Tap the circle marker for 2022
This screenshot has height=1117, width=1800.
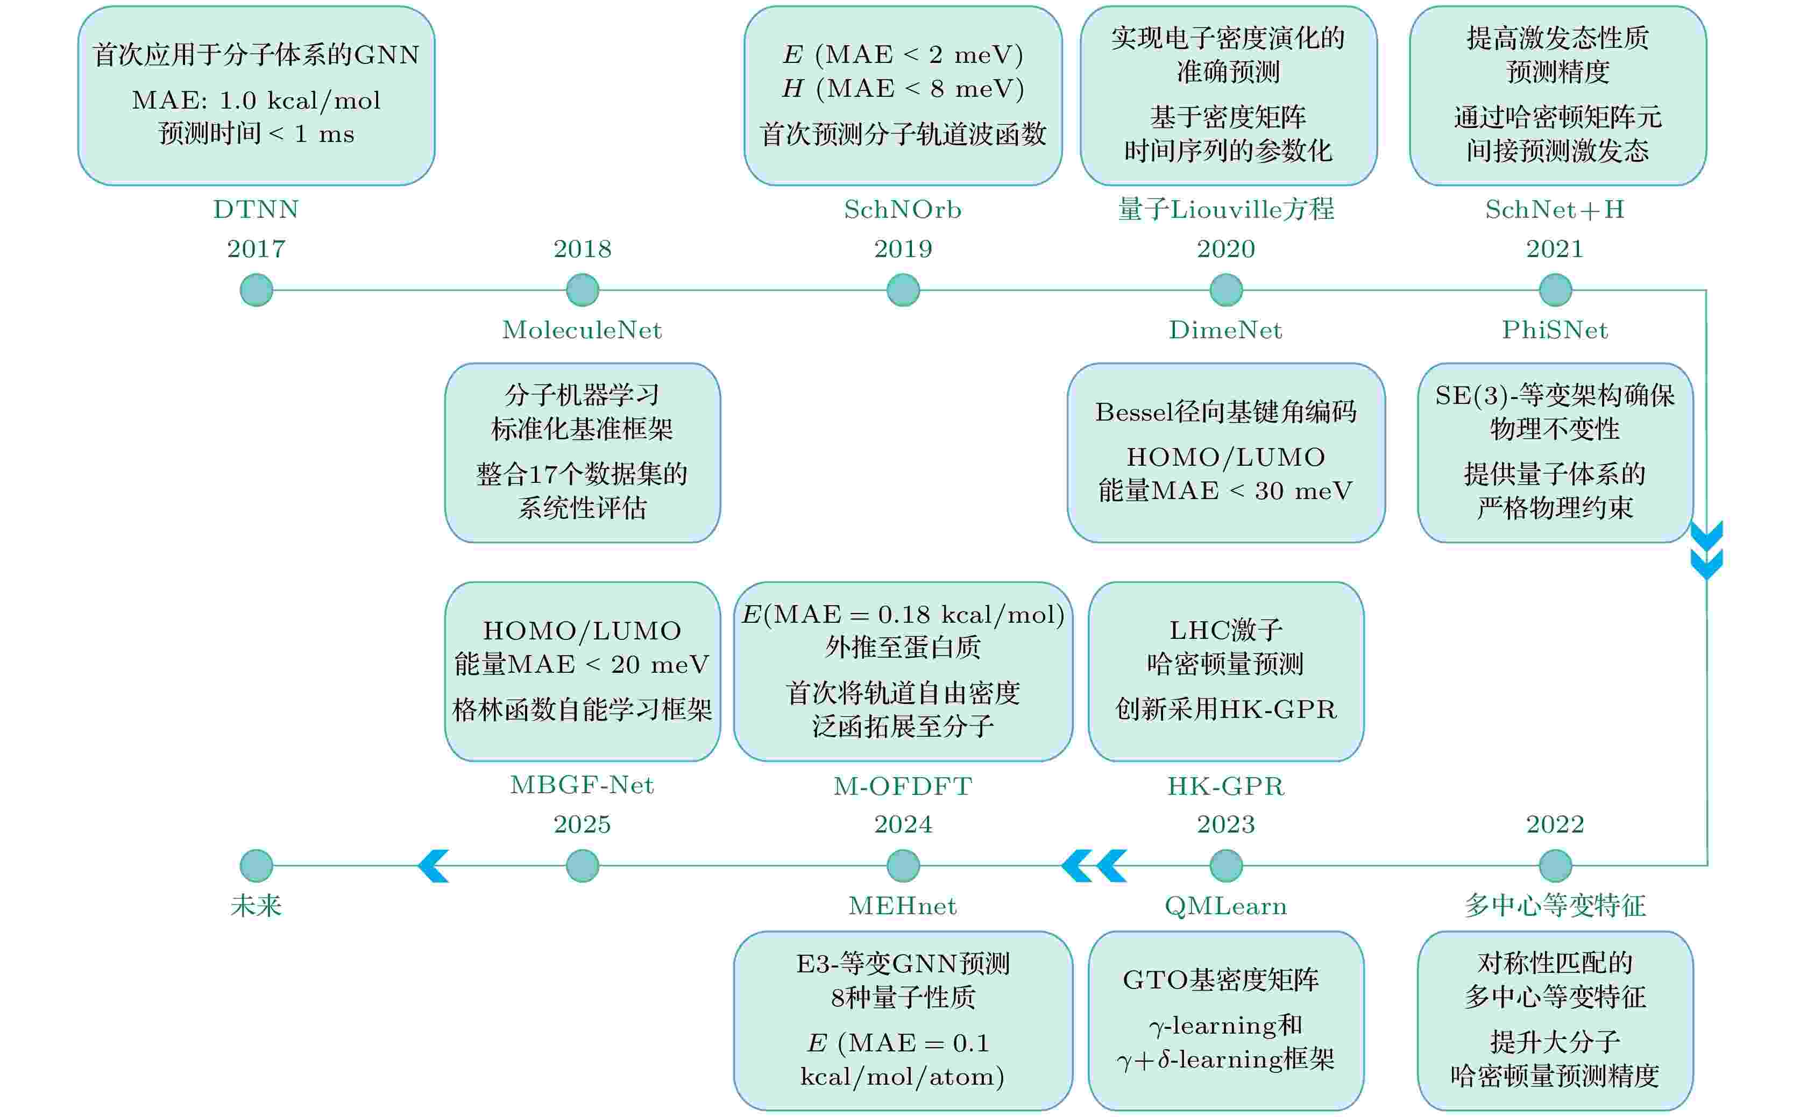point(1555,865)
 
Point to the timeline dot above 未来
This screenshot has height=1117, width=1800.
point(257,865)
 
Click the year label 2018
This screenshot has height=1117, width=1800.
point(582,249)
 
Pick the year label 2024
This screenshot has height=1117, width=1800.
point(903,824)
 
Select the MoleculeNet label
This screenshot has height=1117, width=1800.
point(582,330)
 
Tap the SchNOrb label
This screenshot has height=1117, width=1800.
point(903,210)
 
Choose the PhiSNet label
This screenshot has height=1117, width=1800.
point(1555,330)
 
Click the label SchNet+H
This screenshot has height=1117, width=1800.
point(1555,210)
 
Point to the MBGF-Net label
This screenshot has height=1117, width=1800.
point(582,785)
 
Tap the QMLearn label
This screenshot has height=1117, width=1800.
point(1226,906)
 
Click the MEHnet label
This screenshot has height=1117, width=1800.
point(903,906)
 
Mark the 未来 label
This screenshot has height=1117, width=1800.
point(257,906)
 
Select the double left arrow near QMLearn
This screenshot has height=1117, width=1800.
point(1094,866)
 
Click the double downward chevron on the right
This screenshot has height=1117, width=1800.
point(1707,550)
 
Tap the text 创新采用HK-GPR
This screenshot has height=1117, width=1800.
point(1226,709)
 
